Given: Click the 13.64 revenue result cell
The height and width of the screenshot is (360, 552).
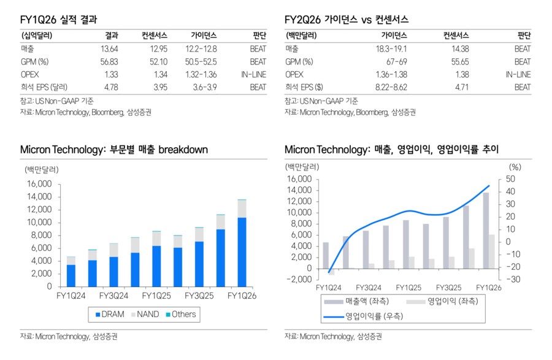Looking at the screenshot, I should point(110,48).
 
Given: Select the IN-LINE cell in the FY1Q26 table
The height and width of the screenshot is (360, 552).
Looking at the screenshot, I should point(253,74).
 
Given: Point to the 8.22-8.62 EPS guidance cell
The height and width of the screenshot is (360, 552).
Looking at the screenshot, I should point(391,87).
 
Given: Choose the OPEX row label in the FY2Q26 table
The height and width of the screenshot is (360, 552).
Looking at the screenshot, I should point(295,74).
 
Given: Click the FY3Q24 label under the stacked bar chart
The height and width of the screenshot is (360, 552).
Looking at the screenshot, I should point(115,296).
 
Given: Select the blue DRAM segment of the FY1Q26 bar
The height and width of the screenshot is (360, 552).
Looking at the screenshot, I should point(242,251).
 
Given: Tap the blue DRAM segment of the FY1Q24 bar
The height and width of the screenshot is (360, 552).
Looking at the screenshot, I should point(71,275).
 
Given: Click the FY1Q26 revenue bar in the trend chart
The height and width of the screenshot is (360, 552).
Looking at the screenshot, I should point(485,231).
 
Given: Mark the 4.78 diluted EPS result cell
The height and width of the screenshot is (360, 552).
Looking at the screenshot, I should point(111,87).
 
